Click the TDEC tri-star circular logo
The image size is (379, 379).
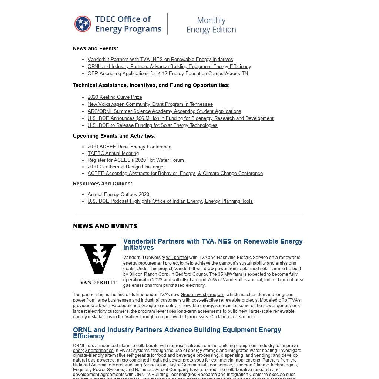pyautogui.click(x=83, y=24)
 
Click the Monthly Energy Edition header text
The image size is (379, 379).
pyautogui.click(x=211, y=25)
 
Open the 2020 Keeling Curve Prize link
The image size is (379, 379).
pyautogui.click(x=115, y=97)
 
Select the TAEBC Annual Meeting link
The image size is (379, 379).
pyautogui.click(x=113, y=154)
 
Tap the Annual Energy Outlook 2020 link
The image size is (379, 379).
pyautogui.click(x=118, y=195)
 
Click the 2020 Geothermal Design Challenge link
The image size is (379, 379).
pyautogui.click(x=125, y=167)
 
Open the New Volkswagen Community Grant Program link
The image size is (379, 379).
pyautogui.click(x=150, y=104)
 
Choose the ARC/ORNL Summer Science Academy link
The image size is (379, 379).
pyautogui.click(x=164, y=111)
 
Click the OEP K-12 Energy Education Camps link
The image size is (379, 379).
pyautogui.click(x=168, y=74)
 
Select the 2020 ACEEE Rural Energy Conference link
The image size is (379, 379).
pyautogui.click(x=130, y=147)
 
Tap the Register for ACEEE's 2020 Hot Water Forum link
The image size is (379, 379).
pyautogui.click(x=136, y=160)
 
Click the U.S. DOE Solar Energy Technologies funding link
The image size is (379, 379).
pyautogui.click(x=152, y=125)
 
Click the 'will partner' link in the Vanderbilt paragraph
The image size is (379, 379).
pyautogui.click(x=177, y=258)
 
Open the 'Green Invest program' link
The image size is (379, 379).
pyautogui.click(x=202, y=295)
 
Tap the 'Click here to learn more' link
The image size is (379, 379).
pyautogui.click(x=234, y=317)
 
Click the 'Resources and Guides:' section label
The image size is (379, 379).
pyautogui.click(x=103, y=184)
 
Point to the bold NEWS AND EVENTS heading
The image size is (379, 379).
pyautogui.click(x=105, y=226)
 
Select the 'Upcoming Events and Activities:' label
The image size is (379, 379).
pyautogui.click(x=114, y=136)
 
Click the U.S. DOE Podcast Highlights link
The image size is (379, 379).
pyautogui.click(x=170, y=201)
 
